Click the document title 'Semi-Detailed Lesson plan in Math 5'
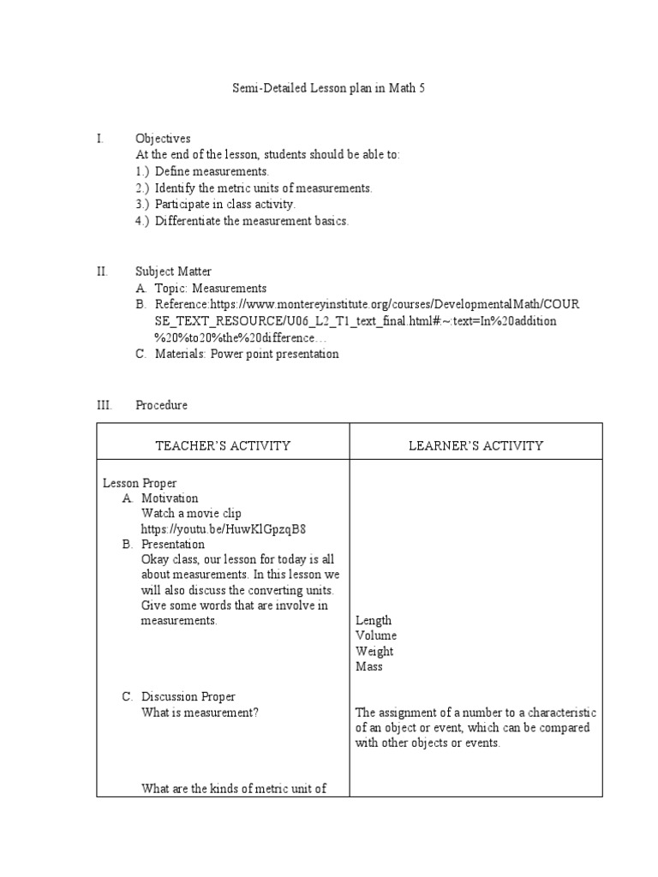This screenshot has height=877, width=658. click(x=329, y=88)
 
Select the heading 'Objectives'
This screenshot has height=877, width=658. click(x=163, y=139)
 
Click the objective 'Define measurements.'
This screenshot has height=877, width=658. click(x=206, y=171)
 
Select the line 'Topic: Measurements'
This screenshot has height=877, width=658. click(x=210, y=289)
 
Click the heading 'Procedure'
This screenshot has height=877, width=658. click(x=161, y=405)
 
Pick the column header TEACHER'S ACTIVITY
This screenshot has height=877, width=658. click(x=223, y=445)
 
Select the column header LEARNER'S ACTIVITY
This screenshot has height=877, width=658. click(x=476, y=445)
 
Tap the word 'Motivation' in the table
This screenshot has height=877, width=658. click(x=170, y=498)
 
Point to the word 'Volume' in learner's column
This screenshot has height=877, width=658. click(x=376, y=635)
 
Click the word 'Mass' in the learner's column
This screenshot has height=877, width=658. click(x=369, y=666)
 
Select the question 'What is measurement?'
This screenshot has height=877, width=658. click(x=200, y=713)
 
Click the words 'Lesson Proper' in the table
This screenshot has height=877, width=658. click(x=140, y=483)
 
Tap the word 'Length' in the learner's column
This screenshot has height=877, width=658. click(x=374, y=620)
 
